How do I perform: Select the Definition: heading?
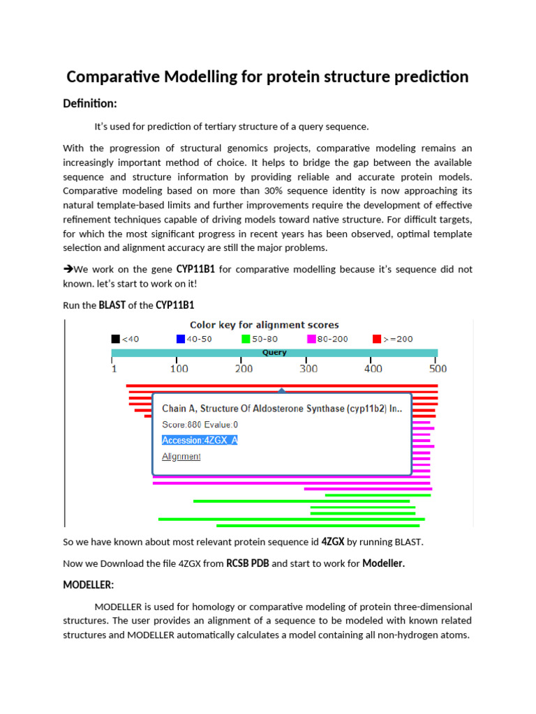(x=90, y=104)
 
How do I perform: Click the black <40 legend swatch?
(x=116, y=339)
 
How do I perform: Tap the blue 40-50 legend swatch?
(x=181, y=339)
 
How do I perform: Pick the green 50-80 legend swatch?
(x=246, y=339)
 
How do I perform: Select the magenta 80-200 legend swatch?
(x=311, y=339)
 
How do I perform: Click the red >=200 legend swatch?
(x=377, y=339)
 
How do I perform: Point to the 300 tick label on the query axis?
(x=308, y=369)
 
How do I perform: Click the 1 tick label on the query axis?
(x=114, y=369)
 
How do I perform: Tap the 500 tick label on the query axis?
(x=438, y=369)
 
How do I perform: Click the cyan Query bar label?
(x=274, y=353)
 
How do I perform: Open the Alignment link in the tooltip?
(x=181, y=457)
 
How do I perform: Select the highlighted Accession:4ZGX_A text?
(x=200, y=440)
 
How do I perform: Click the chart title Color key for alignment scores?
(x=265, y=325)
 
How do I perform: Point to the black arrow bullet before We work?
(x=68, y=269)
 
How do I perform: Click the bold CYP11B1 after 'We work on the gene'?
(x=195, y=269)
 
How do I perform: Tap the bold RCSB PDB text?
(x=247, y=564)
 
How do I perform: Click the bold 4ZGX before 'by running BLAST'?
(x=332, y=542)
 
